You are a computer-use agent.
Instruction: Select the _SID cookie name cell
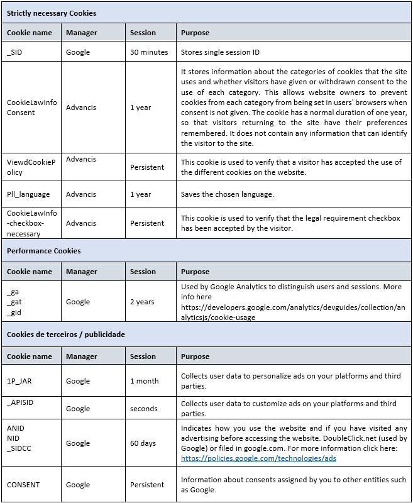coord(15,52)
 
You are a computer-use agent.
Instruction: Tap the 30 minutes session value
coord(149,52)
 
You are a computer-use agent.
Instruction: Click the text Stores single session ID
coord(220,52)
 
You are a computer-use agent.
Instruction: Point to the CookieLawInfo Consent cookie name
coord(31,108)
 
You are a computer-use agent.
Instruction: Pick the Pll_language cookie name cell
coord(28,194)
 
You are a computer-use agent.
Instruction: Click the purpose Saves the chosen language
coord(228,194)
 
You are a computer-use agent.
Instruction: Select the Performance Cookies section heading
coord(44,251)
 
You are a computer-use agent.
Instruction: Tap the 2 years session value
coord(142,302)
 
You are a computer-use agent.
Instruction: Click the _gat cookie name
coord(14,302)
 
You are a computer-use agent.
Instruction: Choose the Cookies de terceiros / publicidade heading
coord(66,334)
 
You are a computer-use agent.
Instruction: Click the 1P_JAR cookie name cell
coord(19,380)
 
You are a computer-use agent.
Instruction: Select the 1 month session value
coord(145,380)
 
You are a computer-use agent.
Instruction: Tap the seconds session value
coord(143,409)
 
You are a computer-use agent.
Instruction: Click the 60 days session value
coord(143,443)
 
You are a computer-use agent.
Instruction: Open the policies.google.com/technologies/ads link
coord(258,458)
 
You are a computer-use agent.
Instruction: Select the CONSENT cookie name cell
coord(23,485)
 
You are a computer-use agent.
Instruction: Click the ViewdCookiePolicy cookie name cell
coord(31,167)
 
